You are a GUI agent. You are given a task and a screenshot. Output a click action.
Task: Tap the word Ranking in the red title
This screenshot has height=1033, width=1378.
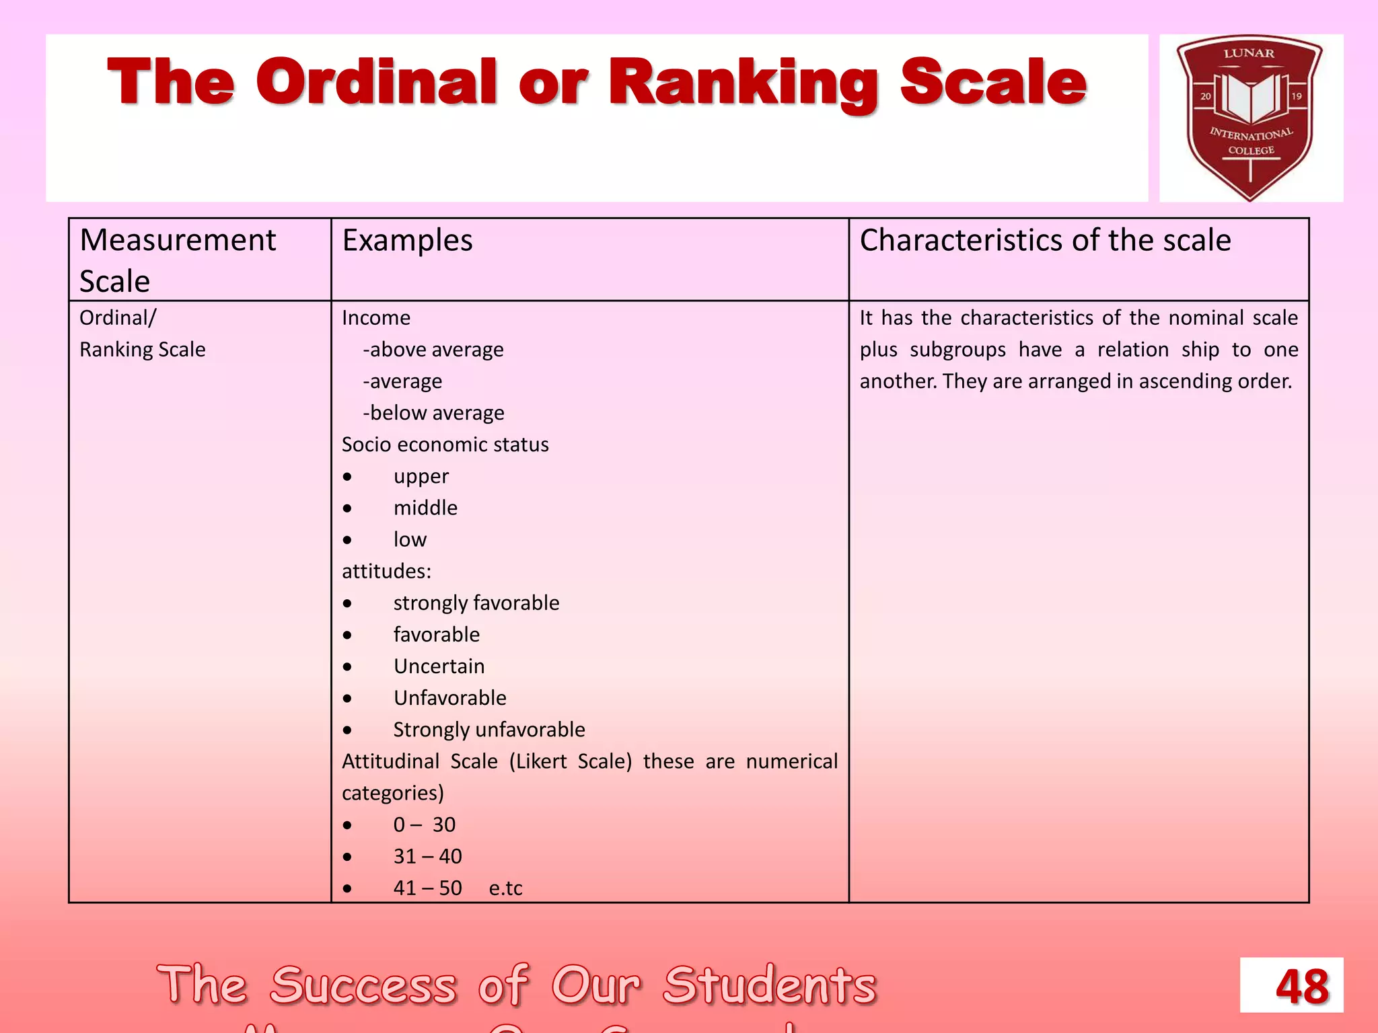point(744,84)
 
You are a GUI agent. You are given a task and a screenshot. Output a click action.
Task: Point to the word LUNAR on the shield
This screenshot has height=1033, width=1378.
point(1249,53)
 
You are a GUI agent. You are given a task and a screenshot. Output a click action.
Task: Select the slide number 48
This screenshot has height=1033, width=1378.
point(1301,987)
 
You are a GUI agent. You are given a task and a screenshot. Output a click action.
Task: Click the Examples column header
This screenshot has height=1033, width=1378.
point(407,240)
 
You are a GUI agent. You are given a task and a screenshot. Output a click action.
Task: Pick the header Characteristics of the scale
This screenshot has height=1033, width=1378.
point(1045,240)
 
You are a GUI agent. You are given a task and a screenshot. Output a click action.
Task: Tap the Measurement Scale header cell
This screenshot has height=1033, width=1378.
point(178,260)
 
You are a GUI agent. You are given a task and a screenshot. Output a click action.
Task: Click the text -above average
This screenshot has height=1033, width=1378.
point(433,350)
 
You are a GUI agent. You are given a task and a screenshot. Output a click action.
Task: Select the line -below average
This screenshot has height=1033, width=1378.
point(433,413)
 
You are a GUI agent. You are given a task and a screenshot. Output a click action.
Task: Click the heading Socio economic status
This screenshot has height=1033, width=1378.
point(445,445)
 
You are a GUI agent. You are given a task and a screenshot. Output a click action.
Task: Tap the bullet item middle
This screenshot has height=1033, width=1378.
point(425,508)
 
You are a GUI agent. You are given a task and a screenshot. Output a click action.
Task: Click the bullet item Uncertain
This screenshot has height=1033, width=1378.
point(439,666)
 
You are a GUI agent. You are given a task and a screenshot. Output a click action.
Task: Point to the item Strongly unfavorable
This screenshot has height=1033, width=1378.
point(488,729)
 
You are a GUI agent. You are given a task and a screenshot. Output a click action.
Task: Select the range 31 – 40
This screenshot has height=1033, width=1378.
point(427,856)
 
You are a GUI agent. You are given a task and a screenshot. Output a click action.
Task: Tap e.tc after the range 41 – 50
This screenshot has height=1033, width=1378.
point(505,888)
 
